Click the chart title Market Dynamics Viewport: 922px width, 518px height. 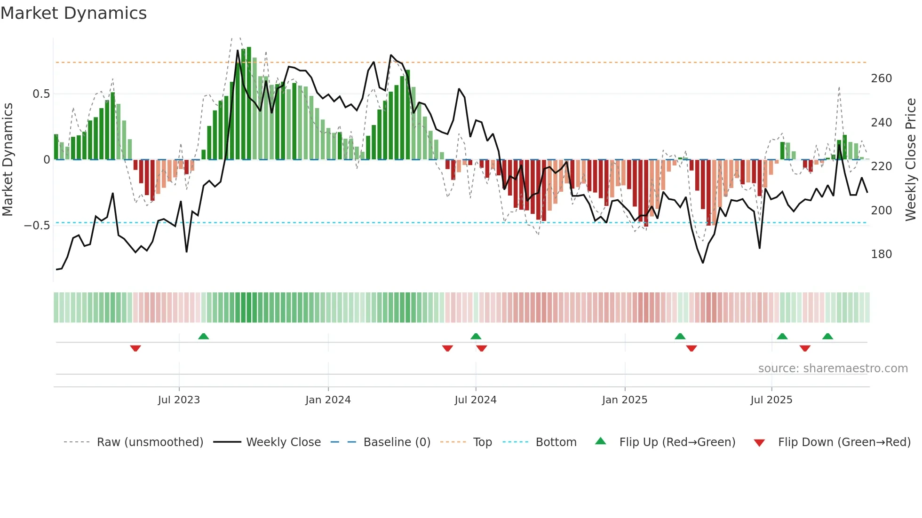tap(73, 13)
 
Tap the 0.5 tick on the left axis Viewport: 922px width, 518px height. tap(41, 94)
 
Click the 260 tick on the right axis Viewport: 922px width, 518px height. tap(881, 78)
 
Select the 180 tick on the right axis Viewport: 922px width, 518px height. tap(881, 254)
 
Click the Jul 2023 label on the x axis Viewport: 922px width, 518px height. tap(179, 400)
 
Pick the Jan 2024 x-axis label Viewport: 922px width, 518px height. tap(328, 400)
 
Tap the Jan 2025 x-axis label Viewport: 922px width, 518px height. tap(624, 400)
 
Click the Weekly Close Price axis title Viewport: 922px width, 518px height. tap(911, 160)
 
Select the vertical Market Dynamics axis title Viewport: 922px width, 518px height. tap(8, 160)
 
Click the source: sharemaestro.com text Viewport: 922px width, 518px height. tap(833, 369)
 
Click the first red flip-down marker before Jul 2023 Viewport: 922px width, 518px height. tap(135, 348)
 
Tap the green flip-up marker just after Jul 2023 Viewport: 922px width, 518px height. tap(203, 336)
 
